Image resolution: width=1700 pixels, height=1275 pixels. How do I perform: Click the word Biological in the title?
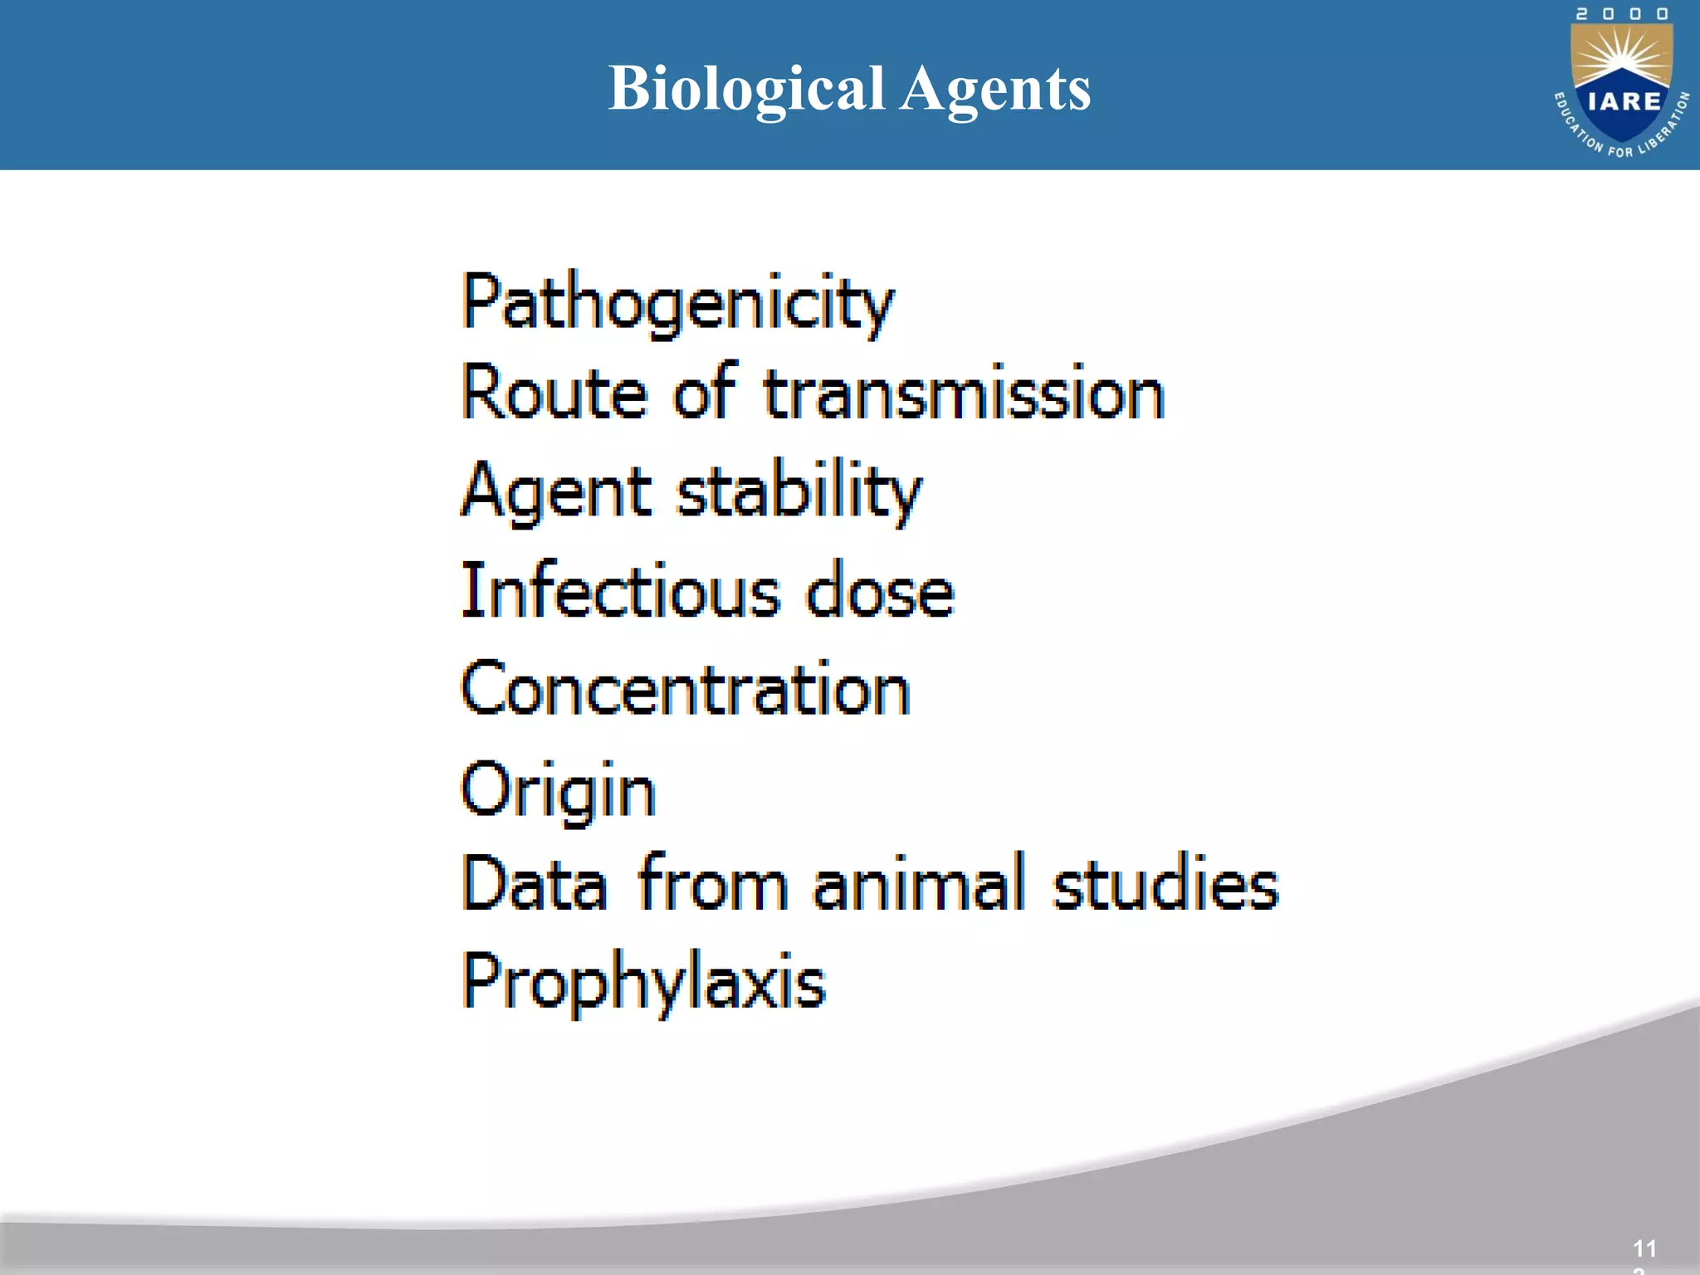[746, 89]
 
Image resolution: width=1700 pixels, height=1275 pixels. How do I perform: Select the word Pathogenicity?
[677, 302]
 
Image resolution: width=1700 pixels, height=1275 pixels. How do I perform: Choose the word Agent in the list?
[555, 491]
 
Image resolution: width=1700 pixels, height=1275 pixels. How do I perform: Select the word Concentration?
[686, 688]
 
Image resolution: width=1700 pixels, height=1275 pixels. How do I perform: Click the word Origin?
[558, 789]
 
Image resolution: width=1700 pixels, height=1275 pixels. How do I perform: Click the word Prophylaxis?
[643, 982]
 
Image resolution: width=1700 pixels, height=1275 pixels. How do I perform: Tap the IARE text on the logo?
[1624, 101]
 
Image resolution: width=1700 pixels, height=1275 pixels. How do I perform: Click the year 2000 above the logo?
[1622, 14]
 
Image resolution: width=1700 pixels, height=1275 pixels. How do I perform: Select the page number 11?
[1644, 1248]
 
